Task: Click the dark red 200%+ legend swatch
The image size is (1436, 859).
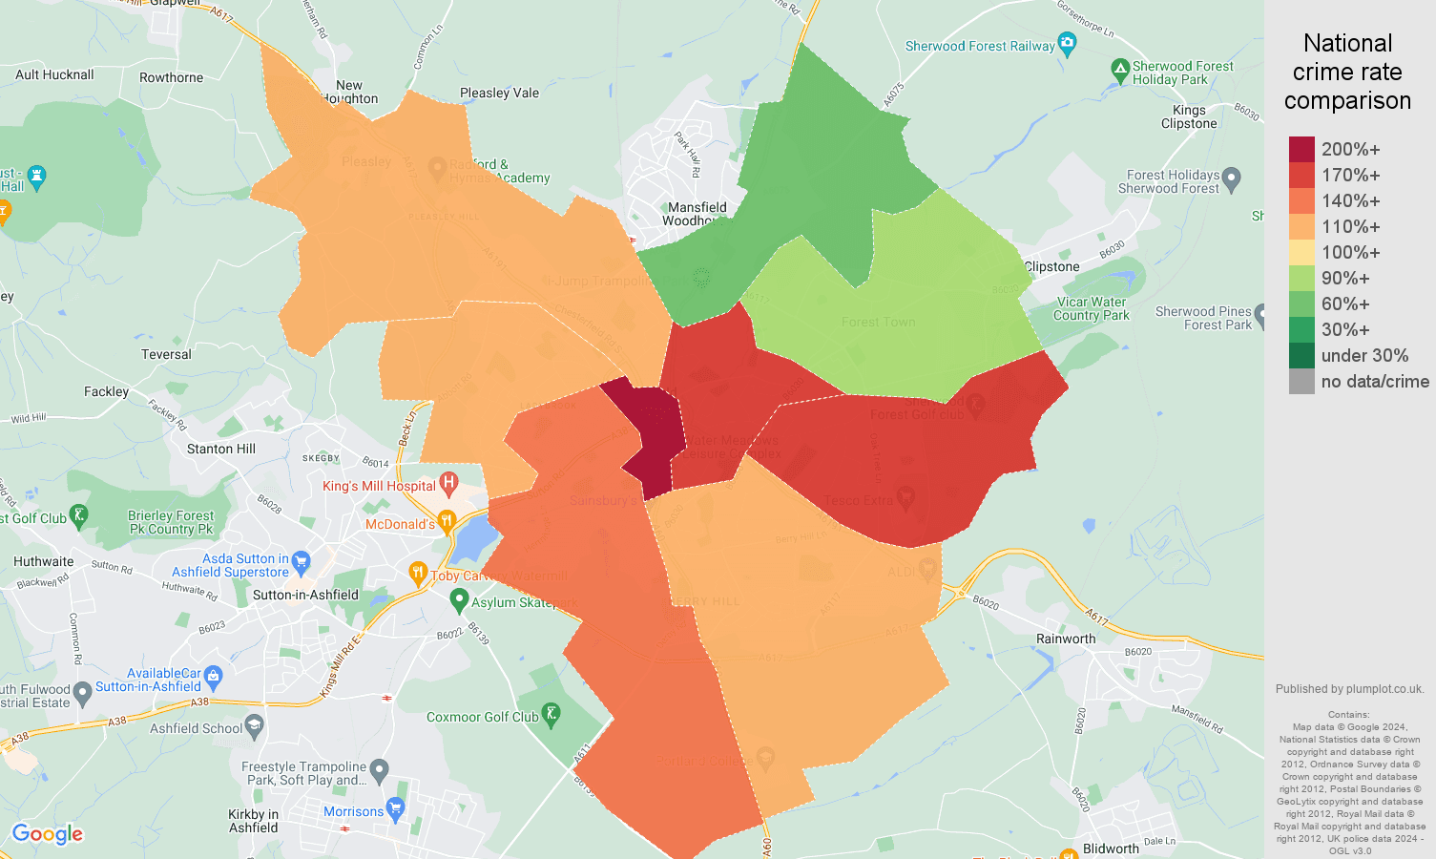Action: (1301, 149)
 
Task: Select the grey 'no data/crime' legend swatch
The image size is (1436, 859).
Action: (1301, 382)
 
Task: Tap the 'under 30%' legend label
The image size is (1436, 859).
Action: (1364, 356)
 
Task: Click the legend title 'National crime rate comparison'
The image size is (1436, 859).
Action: (1347, 72)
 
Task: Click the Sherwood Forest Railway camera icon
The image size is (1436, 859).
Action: (1067, 43)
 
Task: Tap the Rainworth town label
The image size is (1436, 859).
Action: (1066, 639)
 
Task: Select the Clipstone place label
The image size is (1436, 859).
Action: (1051, 266)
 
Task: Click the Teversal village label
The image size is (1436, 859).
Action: (166, 354)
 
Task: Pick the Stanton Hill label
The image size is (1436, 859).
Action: (221, 449)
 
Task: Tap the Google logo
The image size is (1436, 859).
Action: (48, 834)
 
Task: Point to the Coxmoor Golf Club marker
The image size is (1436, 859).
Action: (551, 714)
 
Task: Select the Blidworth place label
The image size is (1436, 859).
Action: (1111, 849)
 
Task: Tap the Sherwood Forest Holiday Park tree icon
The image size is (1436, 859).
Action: (1120, 70)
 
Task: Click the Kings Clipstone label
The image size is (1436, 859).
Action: (1189, 116)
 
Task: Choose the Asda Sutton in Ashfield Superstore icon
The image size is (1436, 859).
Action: (302, 561)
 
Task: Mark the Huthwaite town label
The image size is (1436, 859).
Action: (44, 561)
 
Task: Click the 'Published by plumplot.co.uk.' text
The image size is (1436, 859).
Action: (1349, 689)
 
